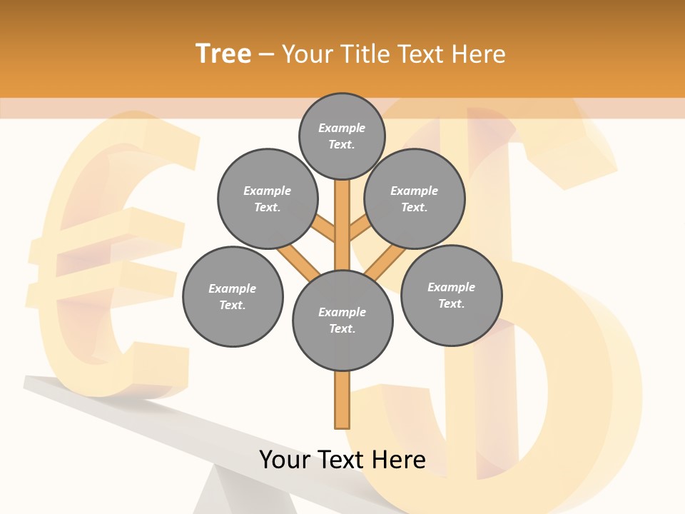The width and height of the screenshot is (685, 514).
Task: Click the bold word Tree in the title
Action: [223, 54]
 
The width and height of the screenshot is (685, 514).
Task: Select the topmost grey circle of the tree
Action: [342, 136]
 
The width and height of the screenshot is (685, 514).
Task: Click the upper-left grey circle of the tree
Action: [267, 198]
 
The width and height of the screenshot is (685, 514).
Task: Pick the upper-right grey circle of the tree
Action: [415, 198]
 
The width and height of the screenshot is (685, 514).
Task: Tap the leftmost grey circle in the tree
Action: [233, 296]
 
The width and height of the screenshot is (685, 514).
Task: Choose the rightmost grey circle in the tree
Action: [451, 295]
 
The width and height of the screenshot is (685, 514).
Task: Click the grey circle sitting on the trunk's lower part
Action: [342, 320]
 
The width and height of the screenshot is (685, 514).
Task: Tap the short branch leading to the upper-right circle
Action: [359, 228]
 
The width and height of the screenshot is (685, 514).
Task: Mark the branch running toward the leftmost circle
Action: [298, 262]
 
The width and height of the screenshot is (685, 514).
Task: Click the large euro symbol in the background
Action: [107, 257]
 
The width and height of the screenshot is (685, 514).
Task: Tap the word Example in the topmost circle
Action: [342, 128]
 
